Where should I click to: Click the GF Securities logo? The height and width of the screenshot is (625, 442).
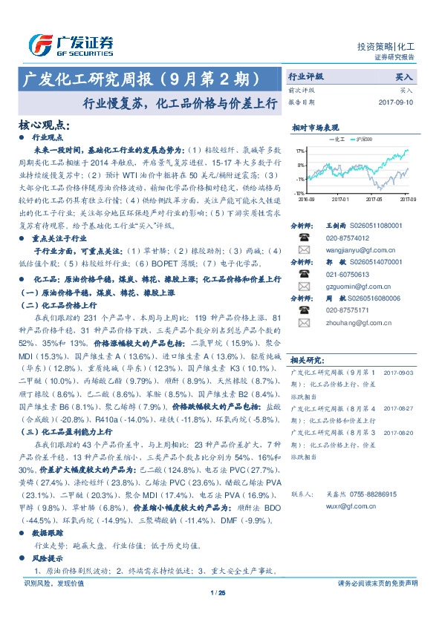pos(71,44)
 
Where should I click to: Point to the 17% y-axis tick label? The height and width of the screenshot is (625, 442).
pos(300,151)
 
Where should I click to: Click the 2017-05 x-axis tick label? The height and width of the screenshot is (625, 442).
pos(374,199)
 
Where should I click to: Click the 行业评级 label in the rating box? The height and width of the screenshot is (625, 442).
pos(306,76)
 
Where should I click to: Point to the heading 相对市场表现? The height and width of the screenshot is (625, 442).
pos(315,128)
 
